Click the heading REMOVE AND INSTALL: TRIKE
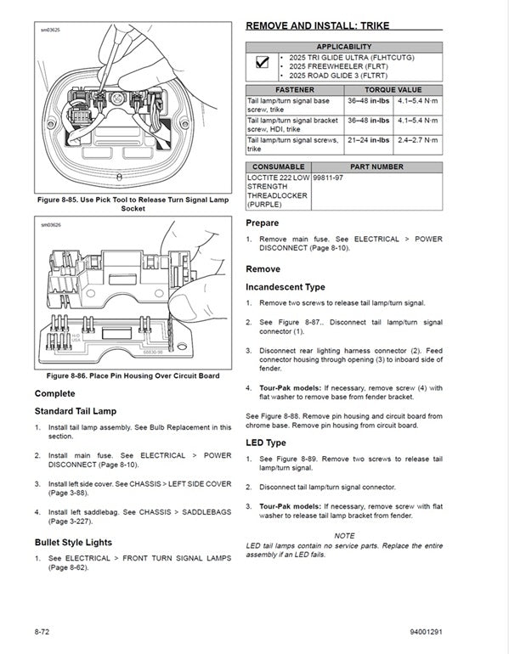pos(317,25)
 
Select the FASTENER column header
pos(294,89)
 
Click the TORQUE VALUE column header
pos(393,89)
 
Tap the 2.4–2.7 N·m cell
pos(418,140)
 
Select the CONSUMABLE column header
pos(278,167)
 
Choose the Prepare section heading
pos(262,223)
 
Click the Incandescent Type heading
pos(285,287)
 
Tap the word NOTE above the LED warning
pos(344,535)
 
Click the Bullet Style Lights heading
pos(73,542)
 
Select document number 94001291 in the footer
pos(425,633)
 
